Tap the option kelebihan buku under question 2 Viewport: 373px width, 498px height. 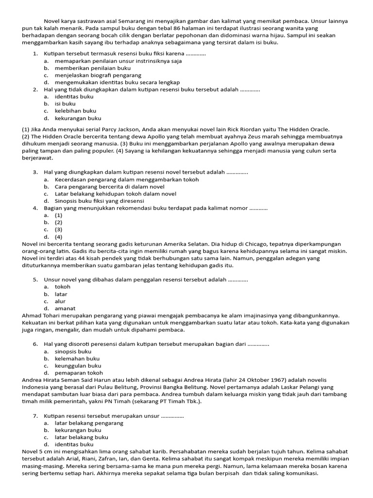[75, 111]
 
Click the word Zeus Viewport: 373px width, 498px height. [252, 136]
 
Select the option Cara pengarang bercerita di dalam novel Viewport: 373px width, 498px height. [109, 187]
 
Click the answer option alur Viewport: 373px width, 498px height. [60, 301]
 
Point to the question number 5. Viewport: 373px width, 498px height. [35, 280]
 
